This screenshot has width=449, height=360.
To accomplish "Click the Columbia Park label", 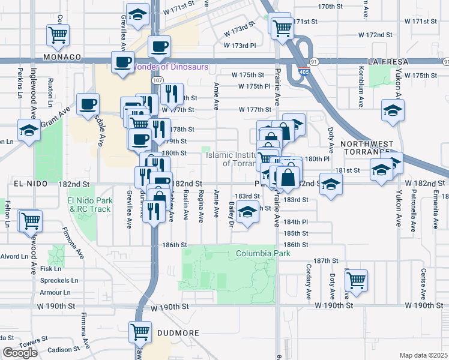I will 263,253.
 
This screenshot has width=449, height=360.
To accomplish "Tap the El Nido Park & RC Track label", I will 89,205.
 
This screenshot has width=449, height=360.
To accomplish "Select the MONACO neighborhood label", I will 62,57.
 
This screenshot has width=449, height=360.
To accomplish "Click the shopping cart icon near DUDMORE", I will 140,331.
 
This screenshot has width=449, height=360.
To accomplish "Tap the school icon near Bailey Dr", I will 247,212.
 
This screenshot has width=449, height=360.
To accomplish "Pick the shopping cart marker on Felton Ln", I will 30,220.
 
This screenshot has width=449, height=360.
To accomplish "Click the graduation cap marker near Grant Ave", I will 28,130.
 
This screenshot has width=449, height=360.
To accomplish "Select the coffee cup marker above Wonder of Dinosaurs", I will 160,46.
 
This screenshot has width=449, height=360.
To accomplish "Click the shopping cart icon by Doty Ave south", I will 357,279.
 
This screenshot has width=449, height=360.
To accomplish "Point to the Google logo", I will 20,353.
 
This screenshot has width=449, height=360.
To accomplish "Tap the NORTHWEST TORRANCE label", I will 367,150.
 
